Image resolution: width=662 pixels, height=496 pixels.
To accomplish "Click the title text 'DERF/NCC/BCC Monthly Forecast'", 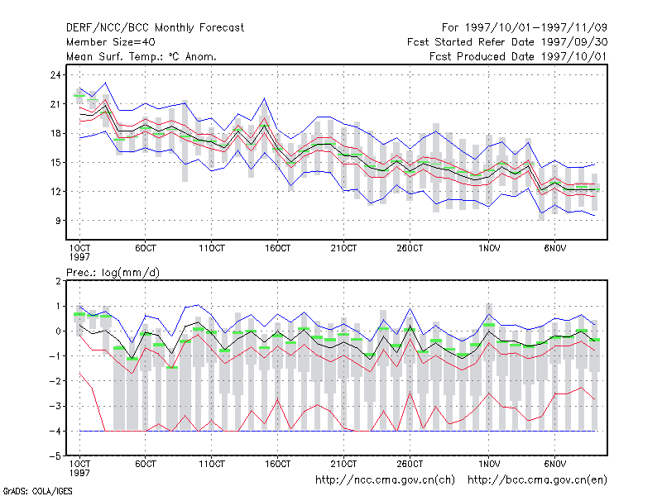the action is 155,28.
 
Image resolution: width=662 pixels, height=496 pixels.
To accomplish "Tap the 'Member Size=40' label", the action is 111,42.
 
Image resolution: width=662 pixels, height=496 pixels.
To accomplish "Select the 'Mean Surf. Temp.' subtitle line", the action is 142,56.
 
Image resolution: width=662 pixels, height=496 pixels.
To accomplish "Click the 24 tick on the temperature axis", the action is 55,75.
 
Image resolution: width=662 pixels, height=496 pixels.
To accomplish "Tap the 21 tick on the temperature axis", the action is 55,104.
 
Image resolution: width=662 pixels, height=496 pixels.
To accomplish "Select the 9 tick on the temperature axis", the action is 58,221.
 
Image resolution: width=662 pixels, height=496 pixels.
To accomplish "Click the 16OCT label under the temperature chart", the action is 277,249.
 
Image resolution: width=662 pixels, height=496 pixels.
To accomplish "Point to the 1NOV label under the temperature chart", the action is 489,249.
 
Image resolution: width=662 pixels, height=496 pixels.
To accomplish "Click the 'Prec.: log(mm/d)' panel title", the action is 113,273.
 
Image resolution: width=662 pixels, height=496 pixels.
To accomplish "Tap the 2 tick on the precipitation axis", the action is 58,281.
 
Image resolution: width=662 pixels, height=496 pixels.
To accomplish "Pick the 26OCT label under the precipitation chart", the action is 410,465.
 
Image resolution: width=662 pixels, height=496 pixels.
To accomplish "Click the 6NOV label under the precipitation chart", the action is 554,465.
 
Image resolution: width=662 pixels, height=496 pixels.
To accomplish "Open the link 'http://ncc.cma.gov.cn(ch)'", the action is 385,480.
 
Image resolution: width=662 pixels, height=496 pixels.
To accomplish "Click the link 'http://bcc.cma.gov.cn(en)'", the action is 537,480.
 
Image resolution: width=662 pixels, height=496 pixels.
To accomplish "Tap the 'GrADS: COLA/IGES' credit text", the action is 37,491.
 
